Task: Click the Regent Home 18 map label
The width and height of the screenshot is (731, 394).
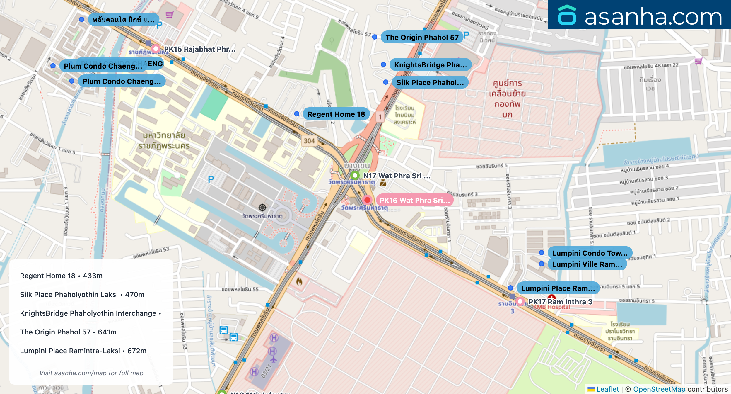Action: (x=336, y=114)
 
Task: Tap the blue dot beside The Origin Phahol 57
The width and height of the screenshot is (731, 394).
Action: (x=375, y=37)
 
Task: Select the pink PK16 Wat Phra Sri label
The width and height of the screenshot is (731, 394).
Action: (x=414, y=200)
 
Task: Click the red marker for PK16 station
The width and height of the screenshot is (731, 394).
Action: (x=367, y=200)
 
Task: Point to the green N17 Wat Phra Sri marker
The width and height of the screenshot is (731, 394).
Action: (x=355, y=175)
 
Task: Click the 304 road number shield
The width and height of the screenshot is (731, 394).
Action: (x=309, y=141)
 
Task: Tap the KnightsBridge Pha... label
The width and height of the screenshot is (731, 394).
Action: (x=430, y=65)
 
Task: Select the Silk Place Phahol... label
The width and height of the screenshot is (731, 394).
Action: (x=430, y=82)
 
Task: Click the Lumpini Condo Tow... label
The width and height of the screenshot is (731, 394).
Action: (x=590, y=253)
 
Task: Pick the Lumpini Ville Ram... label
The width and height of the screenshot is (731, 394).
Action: (x=587, y=264)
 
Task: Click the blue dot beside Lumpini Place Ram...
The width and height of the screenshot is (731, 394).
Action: (x=510, y=288)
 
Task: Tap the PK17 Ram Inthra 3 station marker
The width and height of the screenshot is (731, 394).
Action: (x=520, y=301)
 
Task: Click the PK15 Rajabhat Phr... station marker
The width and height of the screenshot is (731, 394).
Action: (x=156, y=49)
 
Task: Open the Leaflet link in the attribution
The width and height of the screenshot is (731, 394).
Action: (x=607, y=389)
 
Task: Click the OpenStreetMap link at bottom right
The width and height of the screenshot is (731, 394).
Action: (x=659, y=389)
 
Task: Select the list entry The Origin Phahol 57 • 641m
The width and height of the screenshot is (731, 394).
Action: (x=68, y=332)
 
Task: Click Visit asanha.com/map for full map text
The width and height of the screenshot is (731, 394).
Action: (x=91, y=373)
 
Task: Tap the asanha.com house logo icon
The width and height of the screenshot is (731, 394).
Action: (x=567, y=15)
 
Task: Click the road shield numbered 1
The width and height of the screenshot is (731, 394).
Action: (x=380, y=117)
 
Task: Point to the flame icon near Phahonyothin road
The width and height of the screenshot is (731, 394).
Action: (x=299, y=281)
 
